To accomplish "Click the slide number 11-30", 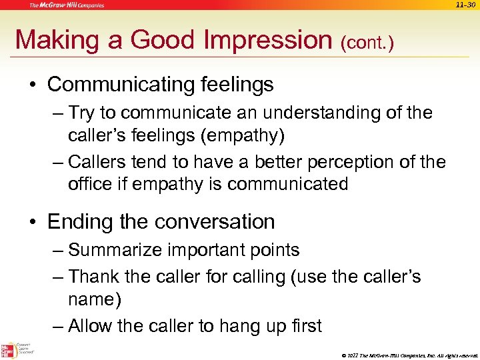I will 466,5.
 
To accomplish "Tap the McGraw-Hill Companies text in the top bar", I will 66,5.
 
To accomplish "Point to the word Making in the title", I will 57,40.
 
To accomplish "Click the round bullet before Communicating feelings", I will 34,85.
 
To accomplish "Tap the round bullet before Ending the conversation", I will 34,222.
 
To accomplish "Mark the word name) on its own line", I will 95,300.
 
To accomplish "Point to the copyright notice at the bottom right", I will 407,354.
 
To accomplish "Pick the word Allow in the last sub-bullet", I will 93,326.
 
